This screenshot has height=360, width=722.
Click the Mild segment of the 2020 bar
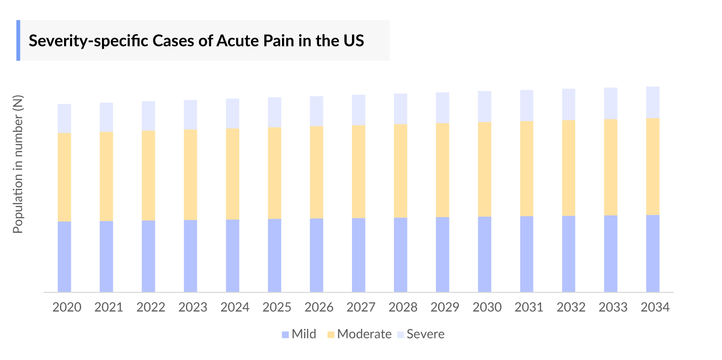[x=65, y=256]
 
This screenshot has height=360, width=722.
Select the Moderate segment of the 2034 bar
[x=653, y=166]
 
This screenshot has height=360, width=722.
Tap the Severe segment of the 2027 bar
[x=359, y=110]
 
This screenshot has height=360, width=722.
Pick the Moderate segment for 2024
[x=232, y=174]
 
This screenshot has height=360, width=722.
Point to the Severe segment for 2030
[x=485, y=106]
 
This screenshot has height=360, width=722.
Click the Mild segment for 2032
[x=569, y=254]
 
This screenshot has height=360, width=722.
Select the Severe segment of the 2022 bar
[x=148, y=116]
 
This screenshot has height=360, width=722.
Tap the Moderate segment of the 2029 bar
[x=443, y=170]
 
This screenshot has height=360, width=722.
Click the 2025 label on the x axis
[x=277, y=307]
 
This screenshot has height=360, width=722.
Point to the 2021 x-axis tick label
[x=109, y=307]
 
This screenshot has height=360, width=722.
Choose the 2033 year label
[x=613, y=307]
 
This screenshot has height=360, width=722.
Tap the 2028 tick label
[x=403, y=307]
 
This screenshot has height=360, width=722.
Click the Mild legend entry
[x=299, y=334]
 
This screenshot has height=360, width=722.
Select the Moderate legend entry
[x=359, y=334]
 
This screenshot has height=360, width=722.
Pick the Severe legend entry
[x=421, y=334]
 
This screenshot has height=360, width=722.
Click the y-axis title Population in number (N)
[x=18, y=164]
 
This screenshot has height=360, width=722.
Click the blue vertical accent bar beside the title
[x=19, y=40]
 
